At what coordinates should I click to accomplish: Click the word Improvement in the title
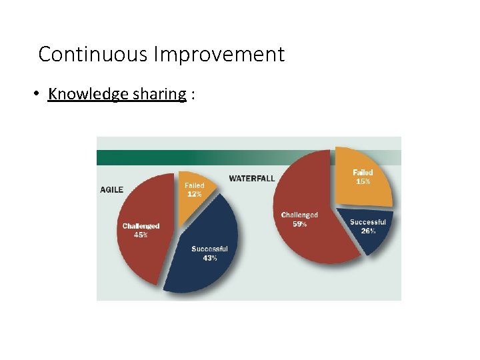click(219, 54)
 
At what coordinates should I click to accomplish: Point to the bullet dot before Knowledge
click(37, 94)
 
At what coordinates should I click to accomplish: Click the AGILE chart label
click(111, 189)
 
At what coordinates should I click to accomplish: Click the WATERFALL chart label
click(251, 178)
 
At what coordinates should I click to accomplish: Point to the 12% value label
click(194, 194)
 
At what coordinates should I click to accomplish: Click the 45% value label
click(141, 235)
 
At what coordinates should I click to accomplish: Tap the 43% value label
click(210, 258)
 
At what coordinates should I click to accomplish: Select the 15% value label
click(363, 181)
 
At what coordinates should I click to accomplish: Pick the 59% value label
click(299, 224)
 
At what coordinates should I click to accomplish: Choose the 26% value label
click(368, 231)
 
